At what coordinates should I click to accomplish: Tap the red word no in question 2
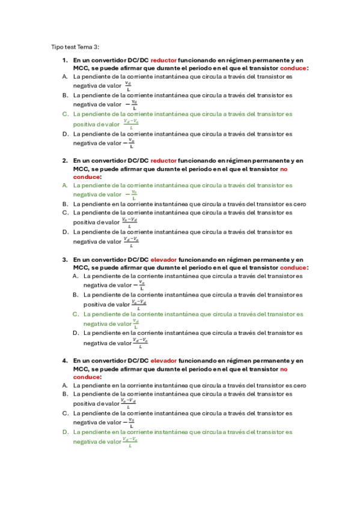coord(284,169)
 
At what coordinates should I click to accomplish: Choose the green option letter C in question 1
coord(65,113)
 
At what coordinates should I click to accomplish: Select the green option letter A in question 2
coord(65,185)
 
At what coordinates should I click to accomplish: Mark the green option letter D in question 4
coord(65,432)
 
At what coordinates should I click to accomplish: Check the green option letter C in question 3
coord(76,314)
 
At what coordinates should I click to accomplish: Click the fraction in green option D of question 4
coord(130,441)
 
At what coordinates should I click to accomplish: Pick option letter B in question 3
coord(76,295)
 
